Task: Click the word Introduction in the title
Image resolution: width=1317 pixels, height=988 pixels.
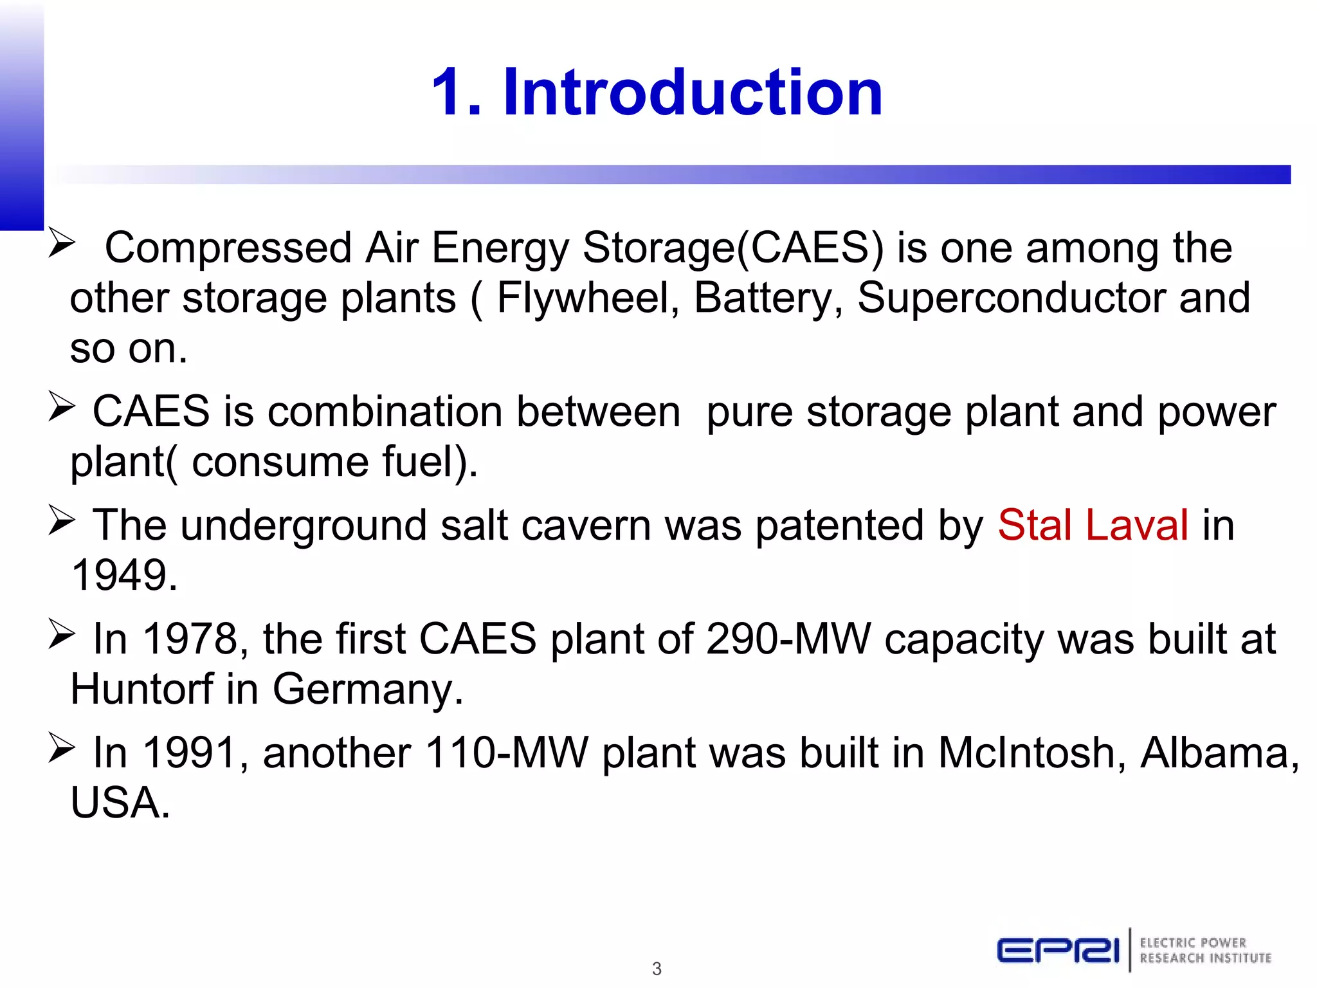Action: [x=693, y=93]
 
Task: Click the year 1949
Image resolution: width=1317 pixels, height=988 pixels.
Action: [x=123, y=575]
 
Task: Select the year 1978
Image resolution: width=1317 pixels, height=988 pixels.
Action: [x=190, y=639]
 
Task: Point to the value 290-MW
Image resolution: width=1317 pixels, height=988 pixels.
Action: [x=788, y=639]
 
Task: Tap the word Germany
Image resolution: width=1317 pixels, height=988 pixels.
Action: [x=367, y=690]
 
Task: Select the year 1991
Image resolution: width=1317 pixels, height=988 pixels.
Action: [x=190, y=753]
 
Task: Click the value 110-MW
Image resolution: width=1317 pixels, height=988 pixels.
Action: [x=507, y=753]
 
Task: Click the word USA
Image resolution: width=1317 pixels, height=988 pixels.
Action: [x=120, y=803]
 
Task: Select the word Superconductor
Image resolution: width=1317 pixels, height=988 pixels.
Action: [x=1012, y=298]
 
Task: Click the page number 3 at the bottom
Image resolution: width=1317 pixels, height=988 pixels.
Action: [x=657, y=969]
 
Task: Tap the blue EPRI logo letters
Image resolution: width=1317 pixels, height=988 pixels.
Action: [x=1058, y=951]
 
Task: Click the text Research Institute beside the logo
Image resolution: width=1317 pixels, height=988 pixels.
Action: [x=1205, y=958]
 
